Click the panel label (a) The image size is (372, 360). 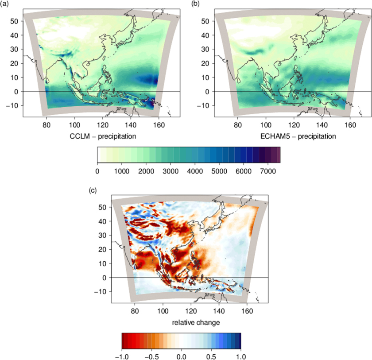click(x=4, y=4)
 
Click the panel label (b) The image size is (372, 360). click(x=195, y=4)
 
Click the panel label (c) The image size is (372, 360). click(x=93, y=190)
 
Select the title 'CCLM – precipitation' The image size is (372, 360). click(x=103, y=136)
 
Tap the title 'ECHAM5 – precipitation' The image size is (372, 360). click(x=298, y=136)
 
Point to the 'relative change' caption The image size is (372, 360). click(x=196, y=322)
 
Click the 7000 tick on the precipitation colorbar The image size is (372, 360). click(x=268, y=171)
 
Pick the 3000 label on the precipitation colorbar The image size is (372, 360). click(x=170, y=171)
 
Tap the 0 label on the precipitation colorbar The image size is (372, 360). click(x=97, y=171)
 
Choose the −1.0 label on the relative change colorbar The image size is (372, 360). click(x=122, y=357)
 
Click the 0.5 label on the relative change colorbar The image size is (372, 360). click(x=211, y=357)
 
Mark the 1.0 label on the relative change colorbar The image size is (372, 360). click(x=241, y=357)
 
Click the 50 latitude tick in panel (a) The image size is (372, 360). click(x=14, y=21)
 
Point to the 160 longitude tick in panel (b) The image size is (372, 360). click(x=350, y=125)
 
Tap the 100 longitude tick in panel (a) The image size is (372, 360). click(x=74, y=125)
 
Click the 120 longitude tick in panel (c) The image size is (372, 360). click(x=191, y=311)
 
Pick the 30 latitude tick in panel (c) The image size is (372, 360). click(x=102, y=235)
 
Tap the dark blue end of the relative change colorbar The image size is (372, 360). click(x=239, y=341)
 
